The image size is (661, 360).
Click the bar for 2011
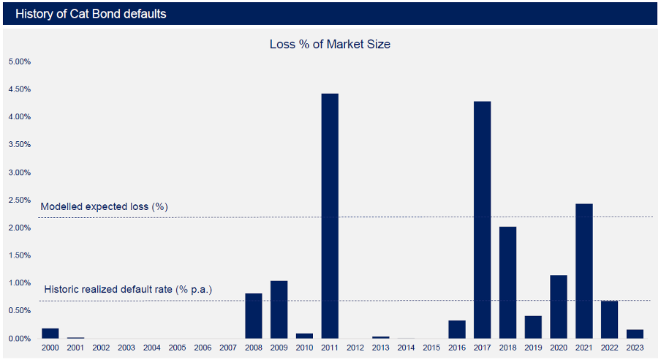pos(330,216)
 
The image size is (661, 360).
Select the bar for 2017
pos(482,220)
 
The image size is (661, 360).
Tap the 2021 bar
pos(583,271)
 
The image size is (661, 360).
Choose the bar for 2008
pos(254,315)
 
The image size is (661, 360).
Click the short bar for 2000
pos(50,334)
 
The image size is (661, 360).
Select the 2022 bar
pos(609,320)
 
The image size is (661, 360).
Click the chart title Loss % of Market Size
pos(330,45)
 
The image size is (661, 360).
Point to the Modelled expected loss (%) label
pos(104,207)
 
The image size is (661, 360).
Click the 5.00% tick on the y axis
pos(19,61)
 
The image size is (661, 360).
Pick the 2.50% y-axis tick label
pos(19,200)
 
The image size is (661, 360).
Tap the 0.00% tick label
pos(19,339)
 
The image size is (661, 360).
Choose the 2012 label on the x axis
pos(355,348)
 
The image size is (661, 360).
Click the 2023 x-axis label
pos(635,348)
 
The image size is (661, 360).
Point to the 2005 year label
pos(177,348)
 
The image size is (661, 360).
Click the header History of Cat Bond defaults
pos(90,14)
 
